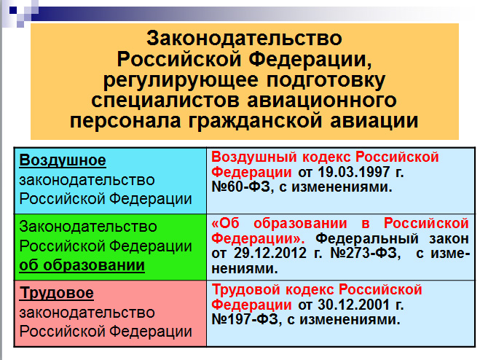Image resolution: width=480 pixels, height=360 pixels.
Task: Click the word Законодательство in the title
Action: [x=244, y=39]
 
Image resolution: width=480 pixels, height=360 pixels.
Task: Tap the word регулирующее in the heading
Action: [x=181, y=81]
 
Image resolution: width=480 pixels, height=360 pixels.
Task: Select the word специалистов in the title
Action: [x=167, y=101]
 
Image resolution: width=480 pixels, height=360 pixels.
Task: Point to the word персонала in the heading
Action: [x=125, y=121]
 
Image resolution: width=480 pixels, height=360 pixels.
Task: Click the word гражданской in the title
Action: [x=256, y=120]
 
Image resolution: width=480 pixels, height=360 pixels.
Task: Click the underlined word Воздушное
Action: [x=63, y=160]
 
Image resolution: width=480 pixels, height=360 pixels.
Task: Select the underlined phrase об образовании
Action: [x=82, y=265]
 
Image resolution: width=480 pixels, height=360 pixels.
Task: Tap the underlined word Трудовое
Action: [x=57, y=293]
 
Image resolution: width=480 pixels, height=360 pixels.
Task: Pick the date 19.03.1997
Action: [x=353, y=172]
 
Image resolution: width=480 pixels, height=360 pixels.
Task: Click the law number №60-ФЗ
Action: [x=241, y=187]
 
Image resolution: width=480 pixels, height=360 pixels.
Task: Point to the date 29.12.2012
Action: [x=270, y=253]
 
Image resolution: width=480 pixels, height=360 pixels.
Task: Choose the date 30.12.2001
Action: [x=353, y=305]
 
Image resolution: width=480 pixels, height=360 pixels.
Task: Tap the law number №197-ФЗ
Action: [x=245, y=320]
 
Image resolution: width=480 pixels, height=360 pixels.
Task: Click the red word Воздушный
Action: [x=254, y=157]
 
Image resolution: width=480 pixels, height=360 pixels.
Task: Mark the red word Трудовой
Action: [x=245, y=289]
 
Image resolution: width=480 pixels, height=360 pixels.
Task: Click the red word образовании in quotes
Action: [x=300, y=224]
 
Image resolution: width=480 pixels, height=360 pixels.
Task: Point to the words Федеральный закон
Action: [x=392, y=239]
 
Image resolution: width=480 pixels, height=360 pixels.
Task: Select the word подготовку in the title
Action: [x=326, y=81]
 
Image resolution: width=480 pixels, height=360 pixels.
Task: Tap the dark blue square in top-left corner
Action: [x=13, y=10]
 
